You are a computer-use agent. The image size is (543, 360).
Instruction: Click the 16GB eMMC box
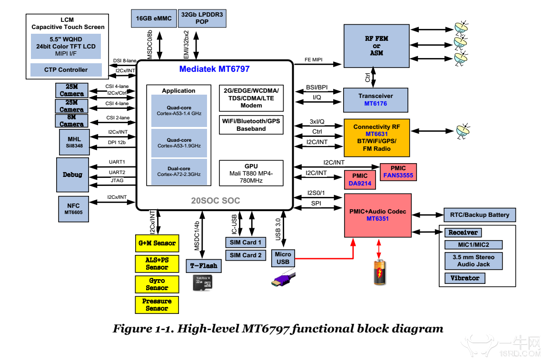click(x=153, y=18)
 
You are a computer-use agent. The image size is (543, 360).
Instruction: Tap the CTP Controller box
click(x=66, y=70)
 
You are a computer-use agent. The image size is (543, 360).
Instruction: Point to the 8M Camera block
click(x=72, y=121)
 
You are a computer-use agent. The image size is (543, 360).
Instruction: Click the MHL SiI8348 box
click(x=71, y=142)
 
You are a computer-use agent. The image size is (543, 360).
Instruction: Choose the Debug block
click(x=72, y=175)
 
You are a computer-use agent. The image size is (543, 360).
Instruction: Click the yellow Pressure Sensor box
click(x=157, y=305)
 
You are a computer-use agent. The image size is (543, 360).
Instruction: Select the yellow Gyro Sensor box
click(x=157, y=284)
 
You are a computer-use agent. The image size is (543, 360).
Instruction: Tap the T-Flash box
click(x=203, y=266)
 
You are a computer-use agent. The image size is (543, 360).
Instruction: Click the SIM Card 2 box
click(x=246, y=255)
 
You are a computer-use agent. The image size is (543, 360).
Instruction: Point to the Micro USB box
click(x=283, y=258)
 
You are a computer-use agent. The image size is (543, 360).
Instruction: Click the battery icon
click(x=379, y=272)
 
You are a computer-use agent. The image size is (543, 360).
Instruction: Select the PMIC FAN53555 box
click(x=399, y=172)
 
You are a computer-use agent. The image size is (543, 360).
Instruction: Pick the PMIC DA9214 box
click(x=360, y=179)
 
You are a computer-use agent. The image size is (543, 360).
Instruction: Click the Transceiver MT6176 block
click(x=376, y=99)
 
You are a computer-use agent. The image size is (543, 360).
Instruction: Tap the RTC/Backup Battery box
click(x=479, y=215)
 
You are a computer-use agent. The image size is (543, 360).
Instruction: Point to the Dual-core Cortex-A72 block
click(x=179, y=172)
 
